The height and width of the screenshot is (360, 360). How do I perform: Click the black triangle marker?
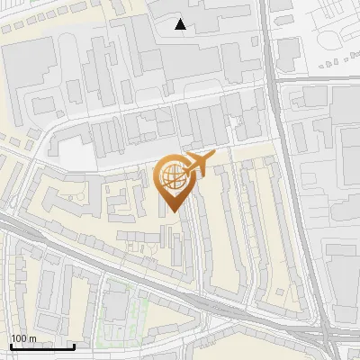(x=181, y=24)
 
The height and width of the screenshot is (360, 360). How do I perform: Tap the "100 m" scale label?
(x=24, y=338)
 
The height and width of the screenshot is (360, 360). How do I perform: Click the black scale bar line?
(x=42, y=346)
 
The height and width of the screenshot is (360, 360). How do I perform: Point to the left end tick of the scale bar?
(x=11, y=345)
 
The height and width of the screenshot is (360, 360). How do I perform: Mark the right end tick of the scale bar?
(x=74, y=345)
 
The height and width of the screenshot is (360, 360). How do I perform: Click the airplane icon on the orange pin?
(x=199, y=165)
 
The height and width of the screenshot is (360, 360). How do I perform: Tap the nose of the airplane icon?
(x=214, y=158)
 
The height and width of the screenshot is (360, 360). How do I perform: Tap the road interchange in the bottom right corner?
(x=326, y=337)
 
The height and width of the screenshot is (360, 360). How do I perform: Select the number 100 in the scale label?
(x=19, y=338)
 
